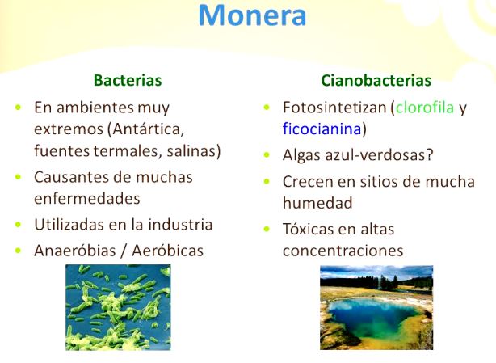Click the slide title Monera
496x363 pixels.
pyautogui.click(x=252, y=16)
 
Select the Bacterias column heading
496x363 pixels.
pyautogui.click(x=128, y=80)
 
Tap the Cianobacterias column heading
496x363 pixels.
pyautogui.click(x=376, y=80)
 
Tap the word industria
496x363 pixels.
pyautogui.click(x=179, y=224)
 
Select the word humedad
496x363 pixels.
pyautogui.click(x=317, y=203)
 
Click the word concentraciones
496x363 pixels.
pyautogui.click(x=343, y=251)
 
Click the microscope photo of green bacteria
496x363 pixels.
pyautogui.click(x=117, y=307)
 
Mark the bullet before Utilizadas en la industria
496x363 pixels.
pyautogui.click(x=18, y=225)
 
